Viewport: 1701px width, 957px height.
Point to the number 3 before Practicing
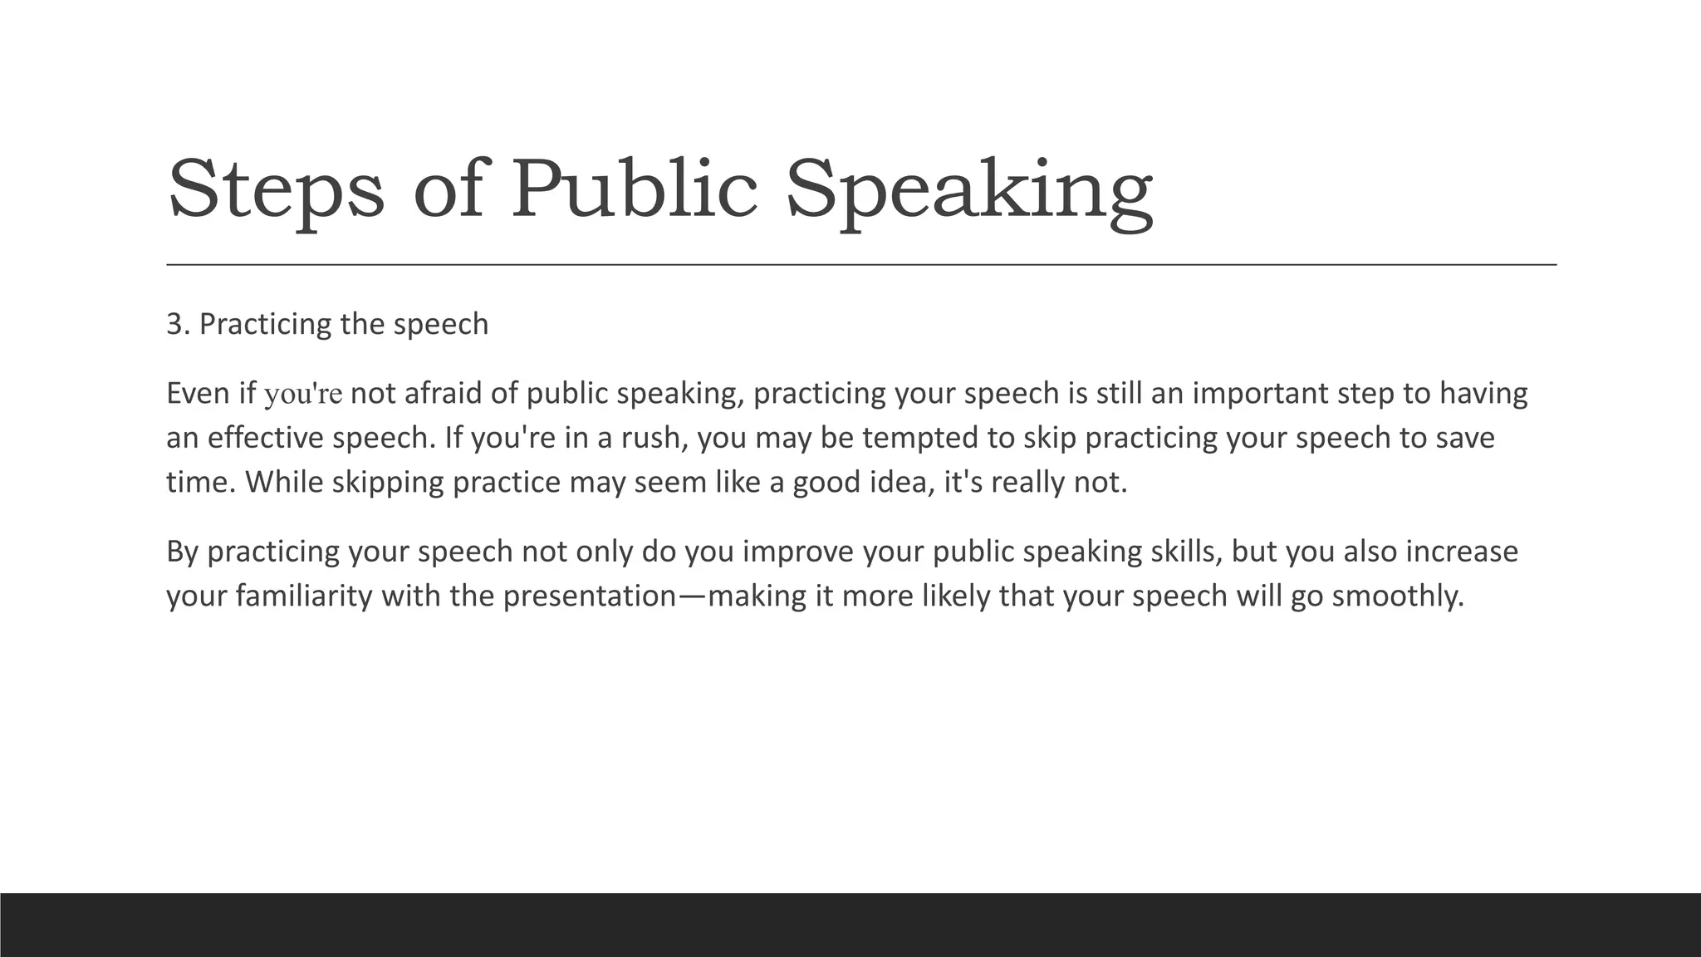point(174,324)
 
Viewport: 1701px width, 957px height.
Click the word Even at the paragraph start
point(199,393)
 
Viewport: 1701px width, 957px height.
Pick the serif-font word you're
point(303,394)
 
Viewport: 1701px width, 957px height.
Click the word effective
point(265,438)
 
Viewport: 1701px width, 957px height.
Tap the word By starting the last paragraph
point(182,552)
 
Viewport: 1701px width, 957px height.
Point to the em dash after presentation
point(693,596)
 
